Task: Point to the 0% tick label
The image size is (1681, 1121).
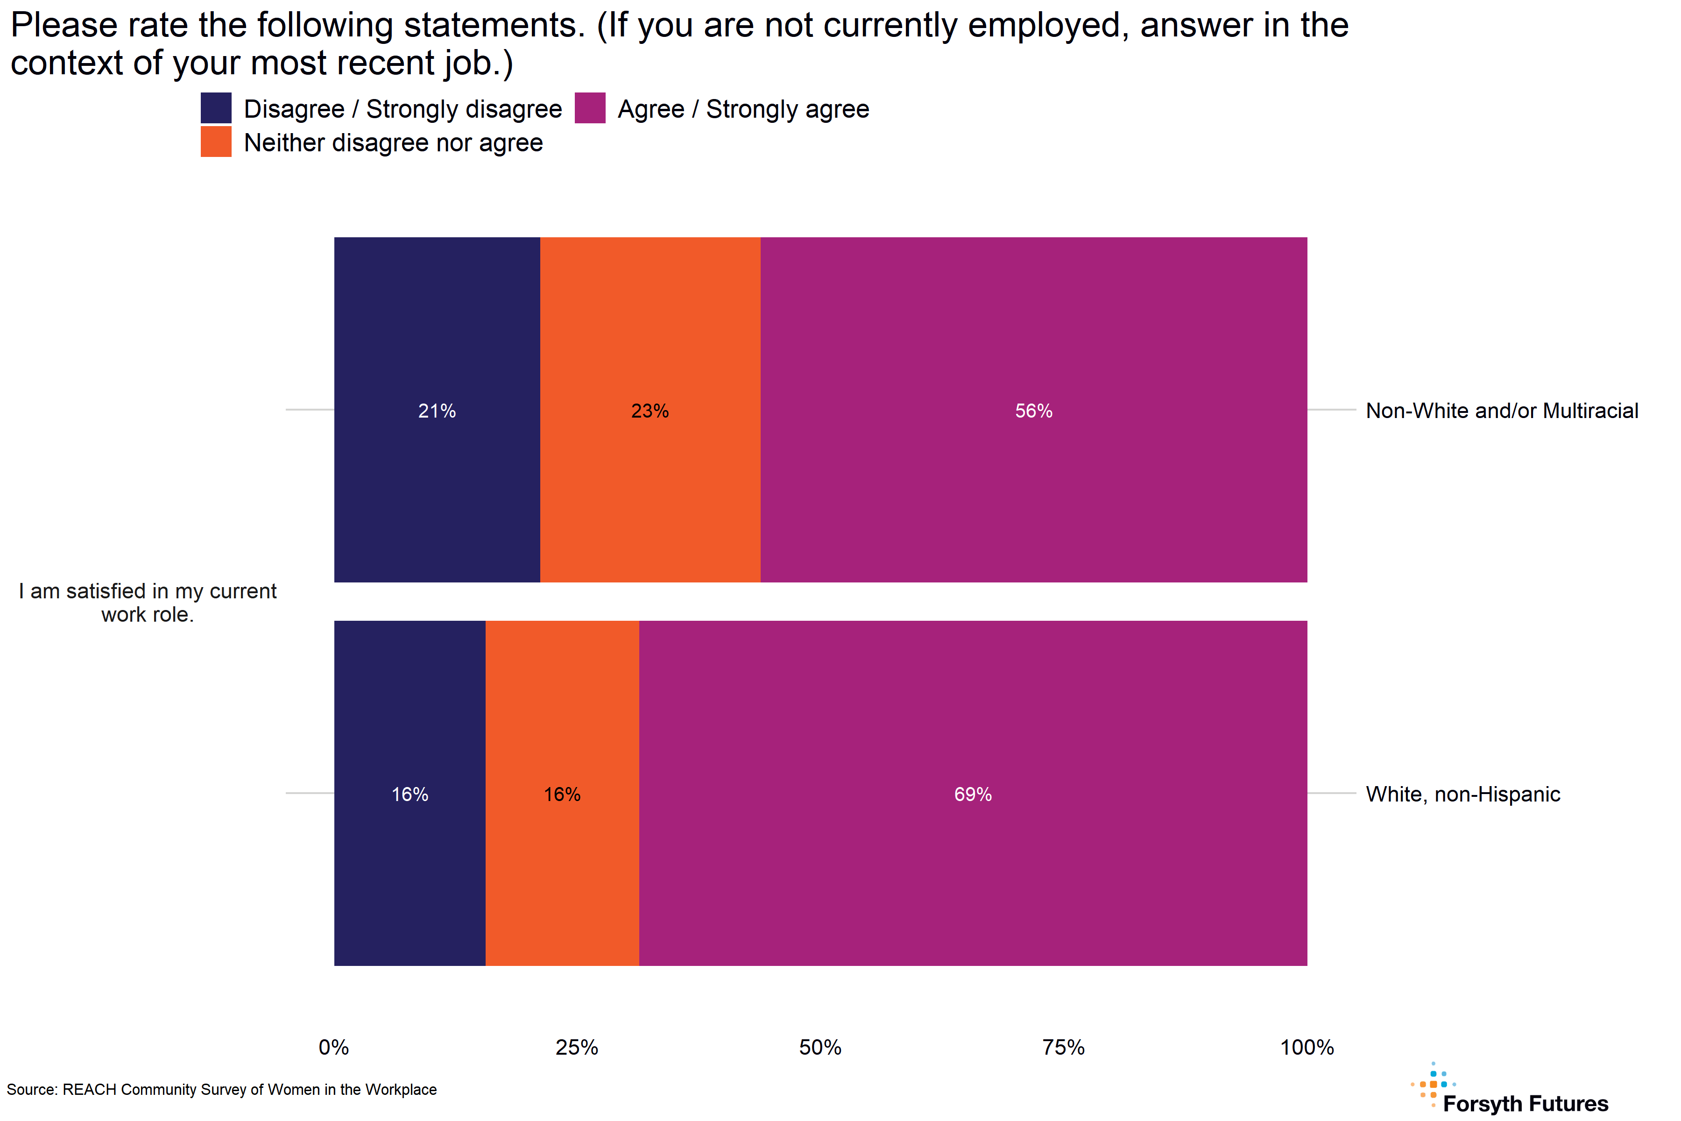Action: [x=334, y=1047]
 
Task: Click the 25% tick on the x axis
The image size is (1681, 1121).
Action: [x=577, y=1047]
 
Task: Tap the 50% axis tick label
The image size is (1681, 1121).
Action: [x=820, y=1047]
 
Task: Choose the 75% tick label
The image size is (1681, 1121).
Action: [x=1064, y=1047]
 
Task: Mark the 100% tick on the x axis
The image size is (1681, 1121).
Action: [x=1307, y=1047]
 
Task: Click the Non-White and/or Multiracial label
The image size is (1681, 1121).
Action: [x=1502, y=411]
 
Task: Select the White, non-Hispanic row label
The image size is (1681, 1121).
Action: [x=1462, y=794]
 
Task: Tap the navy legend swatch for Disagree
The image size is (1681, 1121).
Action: [x=216, y=108]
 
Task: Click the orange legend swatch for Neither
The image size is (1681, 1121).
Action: [x=216, y=142]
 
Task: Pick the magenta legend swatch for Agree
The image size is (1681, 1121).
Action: [x=590, y=108]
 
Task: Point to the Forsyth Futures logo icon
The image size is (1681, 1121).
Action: [x=1432, y=1085]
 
